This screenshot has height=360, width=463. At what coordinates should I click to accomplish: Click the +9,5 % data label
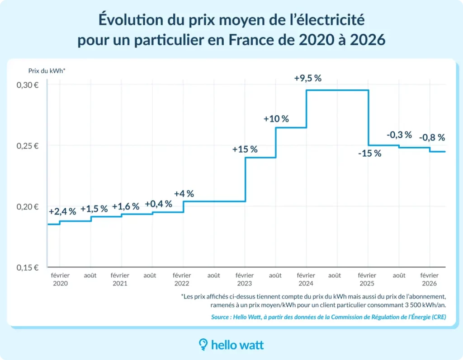(307, 78)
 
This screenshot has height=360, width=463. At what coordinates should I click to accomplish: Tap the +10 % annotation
(276, 119)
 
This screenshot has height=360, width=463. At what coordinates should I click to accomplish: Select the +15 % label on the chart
(245, 149)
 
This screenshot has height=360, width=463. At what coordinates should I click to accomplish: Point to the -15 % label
(369, 153)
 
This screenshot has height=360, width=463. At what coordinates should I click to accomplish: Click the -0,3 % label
(399, 135)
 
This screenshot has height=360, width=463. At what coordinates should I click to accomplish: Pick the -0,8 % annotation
(432, 137)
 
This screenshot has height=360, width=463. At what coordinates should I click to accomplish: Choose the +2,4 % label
(62, 211)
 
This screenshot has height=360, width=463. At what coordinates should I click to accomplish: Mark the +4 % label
(184, 194)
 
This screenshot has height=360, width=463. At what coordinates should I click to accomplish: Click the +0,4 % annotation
(158, 204)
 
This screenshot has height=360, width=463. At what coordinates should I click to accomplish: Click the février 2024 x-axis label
(306, 279)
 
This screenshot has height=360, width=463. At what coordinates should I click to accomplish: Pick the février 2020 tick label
(60, 279)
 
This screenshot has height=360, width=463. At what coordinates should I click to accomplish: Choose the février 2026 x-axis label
(429, 279)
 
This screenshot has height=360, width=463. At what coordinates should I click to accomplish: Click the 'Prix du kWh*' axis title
(47, 70)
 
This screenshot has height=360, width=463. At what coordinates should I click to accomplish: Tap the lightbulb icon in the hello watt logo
(203, 345)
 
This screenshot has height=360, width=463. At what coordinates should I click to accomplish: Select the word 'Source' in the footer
(221, 317)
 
